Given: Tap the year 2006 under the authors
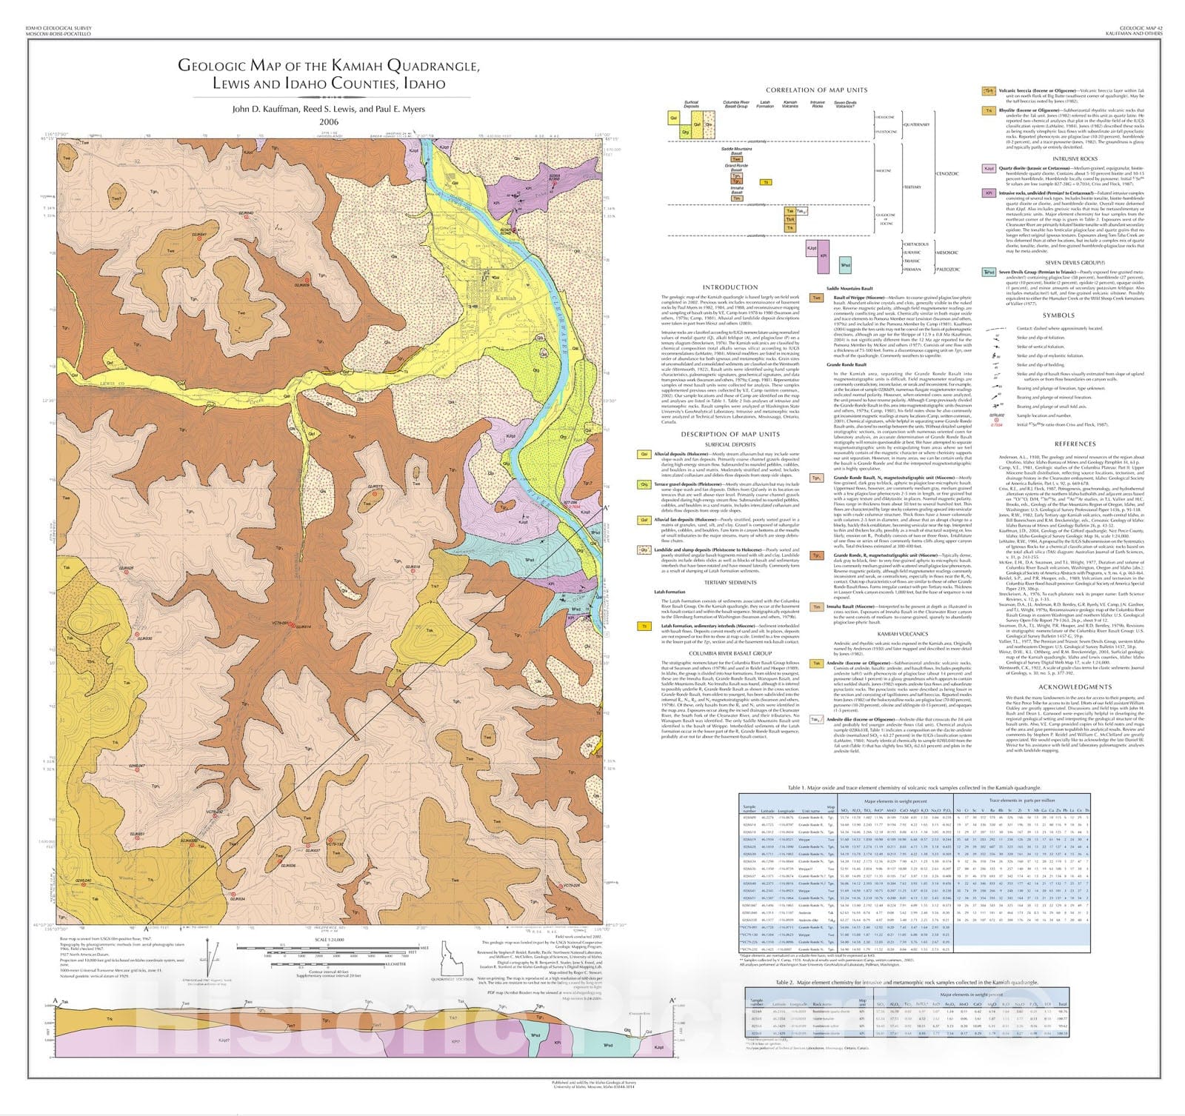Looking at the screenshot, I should (328, 122).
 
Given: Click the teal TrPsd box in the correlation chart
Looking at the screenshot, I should (844, 264).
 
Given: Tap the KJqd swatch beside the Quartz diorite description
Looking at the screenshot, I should (988, 169).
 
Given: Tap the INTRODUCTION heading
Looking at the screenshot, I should (730, 287).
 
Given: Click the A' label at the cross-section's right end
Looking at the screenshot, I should (672, 1001).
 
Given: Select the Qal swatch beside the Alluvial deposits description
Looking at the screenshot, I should (644, 454).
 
